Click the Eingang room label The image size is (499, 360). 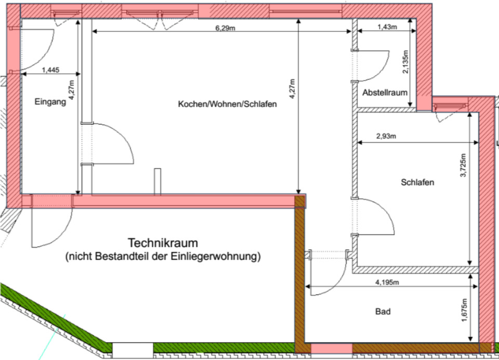click(50, 102)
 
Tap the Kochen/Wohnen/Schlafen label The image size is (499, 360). click(227, 104)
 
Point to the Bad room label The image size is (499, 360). click(383, 312)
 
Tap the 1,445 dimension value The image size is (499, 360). click(50, 70)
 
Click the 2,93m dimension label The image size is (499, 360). click(386, 137)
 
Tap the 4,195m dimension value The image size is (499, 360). click(387, 282)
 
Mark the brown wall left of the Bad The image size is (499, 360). click(299, 271)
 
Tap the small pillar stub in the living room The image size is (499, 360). click(156, 181)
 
